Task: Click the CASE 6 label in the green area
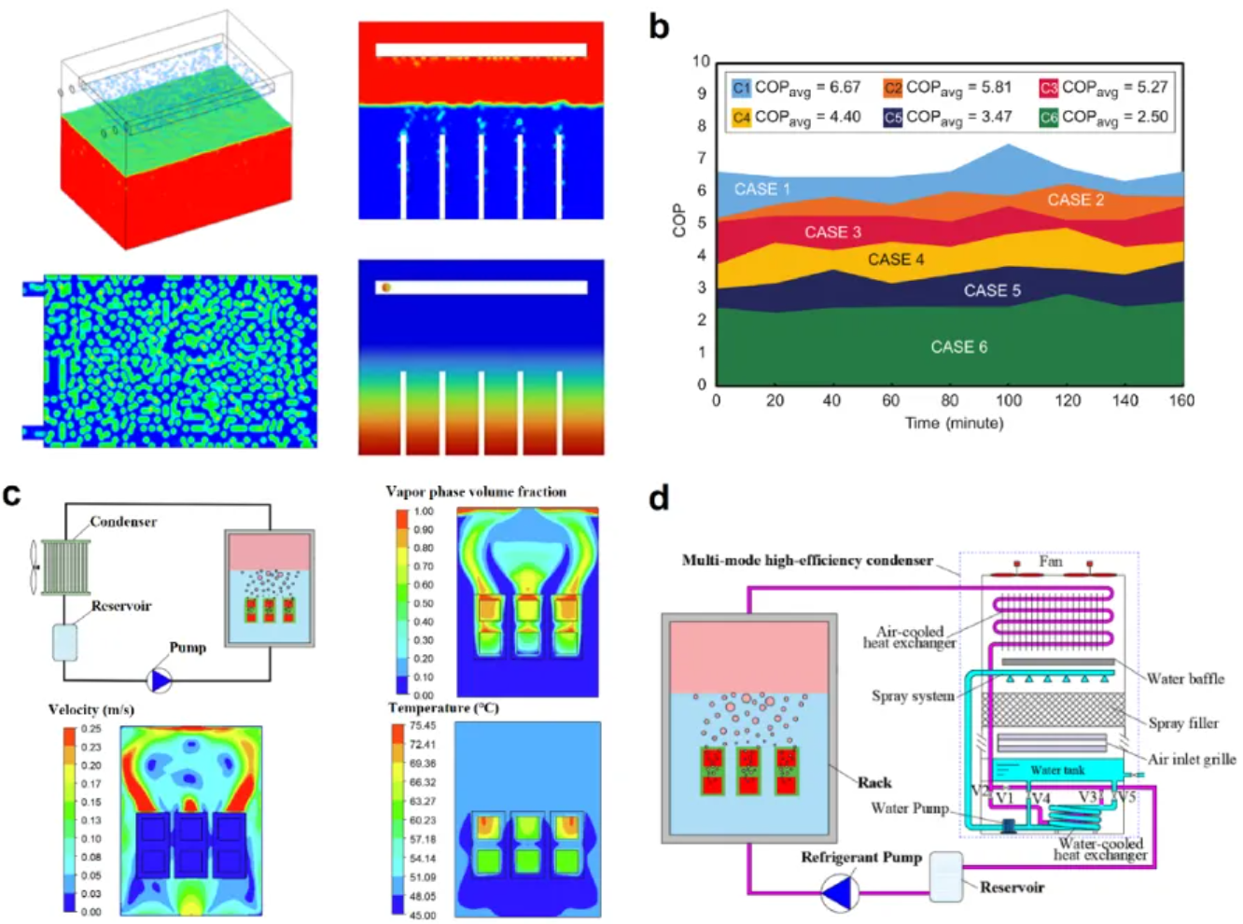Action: pyautogui.click(x=958, y=347)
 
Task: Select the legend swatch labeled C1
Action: pyautogui.click(x=741, y=88)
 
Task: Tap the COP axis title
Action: pyautogui.click(x=678, y=221)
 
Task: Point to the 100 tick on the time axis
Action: pyautogui.click(x=1008, y=400)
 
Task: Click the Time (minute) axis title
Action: pyautogui.click(x=954, y=423)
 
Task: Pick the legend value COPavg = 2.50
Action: pyautogui.click(x=1114, y=117)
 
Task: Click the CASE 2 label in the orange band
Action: pyautogui.click(x=1075, y=200)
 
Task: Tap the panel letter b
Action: pyautogui.click(x=659, y=26)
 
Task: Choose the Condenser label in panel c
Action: pyautogui.click(x=123, y=522)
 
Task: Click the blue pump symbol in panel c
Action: pyautogui.click(x=161, y=680)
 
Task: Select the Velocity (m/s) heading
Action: pyautogui.click(x=91, y=709)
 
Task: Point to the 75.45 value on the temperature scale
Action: pyautogui.click(x=422, y=725)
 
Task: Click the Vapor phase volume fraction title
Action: pyautogui.click(x=476, y=491)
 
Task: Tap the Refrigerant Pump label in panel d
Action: pyautogui.click(x=860, y=857)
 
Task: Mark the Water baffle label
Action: pyautogui.click(x=1185, y=679)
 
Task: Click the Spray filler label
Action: pyautogui.click(x=1183, y=722)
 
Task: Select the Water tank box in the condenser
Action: pyautogui.click(x=1057, y=770)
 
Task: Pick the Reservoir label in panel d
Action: pyautogui.click(x=1012, y=887)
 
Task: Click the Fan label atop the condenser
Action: pyautogui.click(x=1051, y=561)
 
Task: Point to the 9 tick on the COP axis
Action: pyautogui.click(x=701, y=93)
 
